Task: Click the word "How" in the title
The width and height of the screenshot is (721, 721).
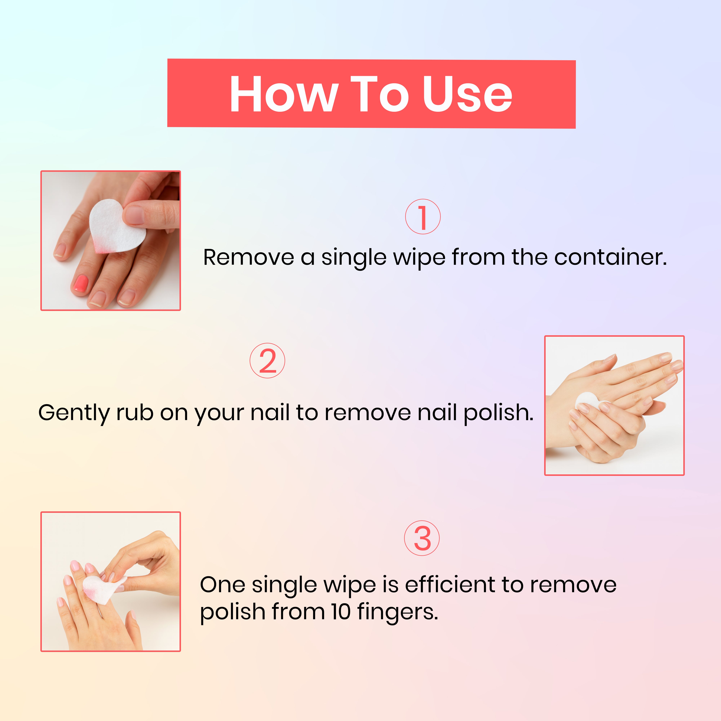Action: [x=284, y=94]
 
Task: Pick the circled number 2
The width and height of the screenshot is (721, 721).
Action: [x=267, y=360]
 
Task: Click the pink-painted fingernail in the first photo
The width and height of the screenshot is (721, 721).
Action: [x=80, y=283]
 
